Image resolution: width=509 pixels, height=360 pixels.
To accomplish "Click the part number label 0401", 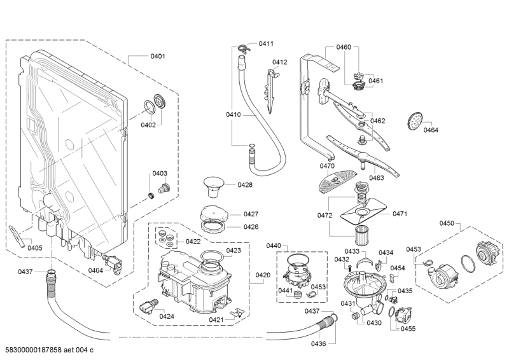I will point(158,57).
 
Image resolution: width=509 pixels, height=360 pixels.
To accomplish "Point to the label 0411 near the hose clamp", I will point(266,44).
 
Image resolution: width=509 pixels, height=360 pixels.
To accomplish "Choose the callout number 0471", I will point(400,214).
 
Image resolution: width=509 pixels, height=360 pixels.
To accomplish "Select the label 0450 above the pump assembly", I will point(447,223).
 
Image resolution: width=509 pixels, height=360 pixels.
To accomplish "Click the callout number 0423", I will point(234,251).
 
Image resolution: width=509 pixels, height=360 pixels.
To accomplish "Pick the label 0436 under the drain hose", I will point(319,343).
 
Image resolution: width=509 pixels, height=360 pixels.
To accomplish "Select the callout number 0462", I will point(377,121).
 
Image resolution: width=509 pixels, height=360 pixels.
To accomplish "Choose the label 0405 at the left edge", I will point(34,248).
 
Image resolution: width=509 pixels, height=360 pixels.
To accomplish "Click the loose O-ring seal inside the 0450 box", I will point(467,261).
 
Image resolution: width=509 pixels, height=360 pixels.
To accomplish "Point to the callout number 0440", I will point(291,246).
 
